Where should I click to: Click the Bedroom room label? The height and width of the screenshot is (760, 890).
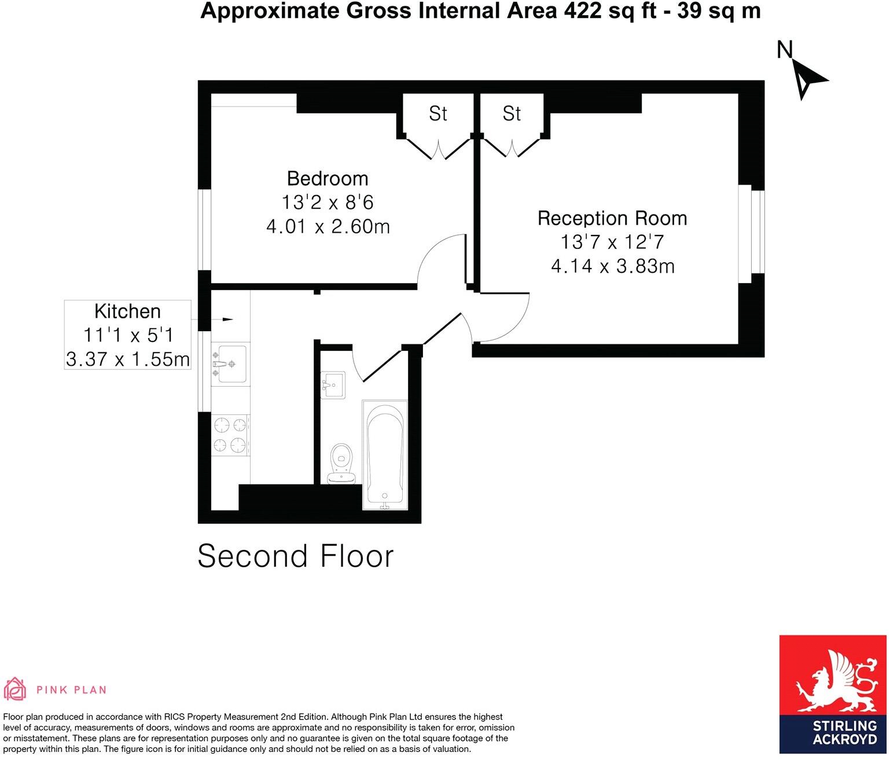328,178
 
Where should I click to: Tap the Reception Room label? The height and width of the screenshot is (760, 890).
612,218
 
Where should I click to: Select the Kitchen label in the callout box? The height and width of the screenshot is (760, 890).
127,311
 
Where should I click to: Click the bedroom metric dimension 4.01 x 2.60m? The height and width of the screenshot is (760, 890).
328,226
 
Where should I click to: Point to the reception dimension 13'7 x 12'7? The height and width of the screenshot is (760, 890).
612,242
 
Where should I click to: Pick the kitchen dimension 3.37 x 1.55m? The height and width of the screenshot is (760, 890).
128,359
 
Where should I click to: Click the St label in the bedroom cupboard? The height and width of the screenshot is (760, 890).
438,113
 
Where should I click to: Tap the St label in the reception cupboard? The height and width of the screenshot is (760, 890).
512,113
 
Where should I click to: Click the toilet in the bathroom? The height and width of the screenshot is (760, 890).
341,464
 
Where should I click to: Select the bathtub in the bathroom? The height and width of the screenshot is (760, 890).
385,455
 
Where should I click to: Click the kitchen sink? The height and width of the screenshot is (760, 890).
230,364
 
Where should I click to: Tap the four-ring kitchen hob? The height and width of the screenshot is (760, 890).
230,435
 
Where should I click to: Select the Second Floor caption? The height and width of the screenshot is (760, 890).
295,556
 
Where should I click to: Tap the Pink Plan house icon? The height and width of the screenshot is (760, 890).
15,688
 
